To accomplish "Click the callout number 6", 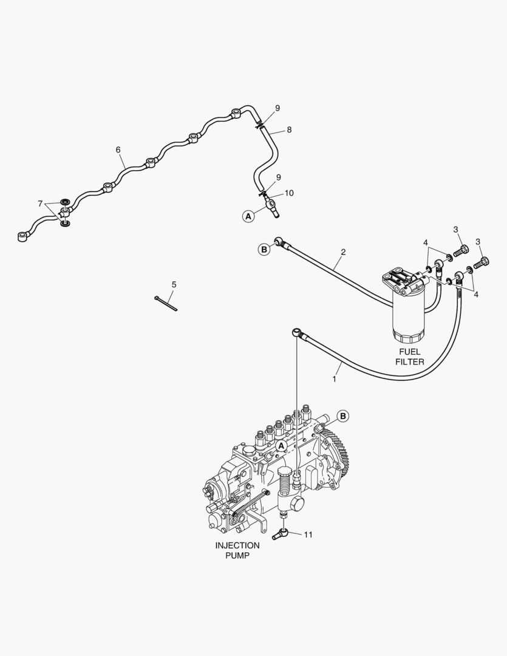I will tap(118, 149).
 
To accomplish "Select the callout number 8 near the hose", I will tap(289, 129).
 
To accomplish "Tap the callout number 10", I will tap(289, 193).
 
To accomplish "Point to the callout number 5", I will tap(174, 284).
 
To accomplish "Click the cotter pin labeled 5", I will tap(166, 302).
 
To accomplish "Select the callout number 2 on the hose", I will tap(343, 251).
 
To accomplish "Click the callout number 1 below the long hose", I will tap(333, 378).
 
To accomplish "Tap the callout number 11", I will tap(308, 535).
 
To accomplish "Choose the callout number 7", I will tap(40, 203).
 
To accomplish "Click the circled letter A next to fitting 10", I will tap(248, 215).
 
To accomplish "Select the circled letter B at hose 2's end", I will tap(264, 249).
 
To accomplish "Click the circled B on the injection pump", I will tap(343, 416).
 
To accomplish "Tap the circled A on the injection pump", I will tap(281, 445).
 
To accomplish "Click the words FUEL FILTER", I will tap(409, 357).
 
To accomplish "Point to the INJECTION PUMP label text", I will tap(237, 550).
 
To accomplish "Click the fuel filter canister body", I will tap(410, 316).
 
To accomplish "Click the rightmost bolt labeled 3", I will tap(484, 262).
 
